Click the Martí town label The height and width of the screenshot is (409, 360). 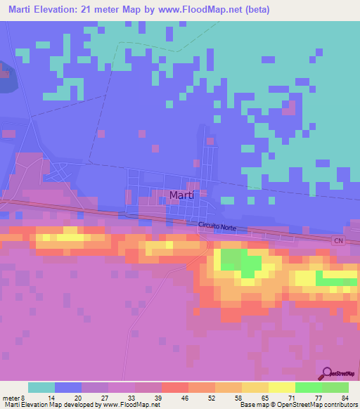point(182,195)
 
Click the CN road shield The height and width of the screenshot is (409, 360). point(339,240)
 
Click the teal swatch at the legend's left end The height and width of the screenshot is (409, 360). point(41,387)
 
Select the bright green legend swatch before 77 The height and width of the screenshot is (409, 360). point(308,387)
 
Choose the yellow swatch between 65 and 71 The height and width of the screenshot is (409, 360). point(255,387)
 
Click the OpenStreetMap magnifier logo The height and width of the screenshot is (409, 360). point(326,374)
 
